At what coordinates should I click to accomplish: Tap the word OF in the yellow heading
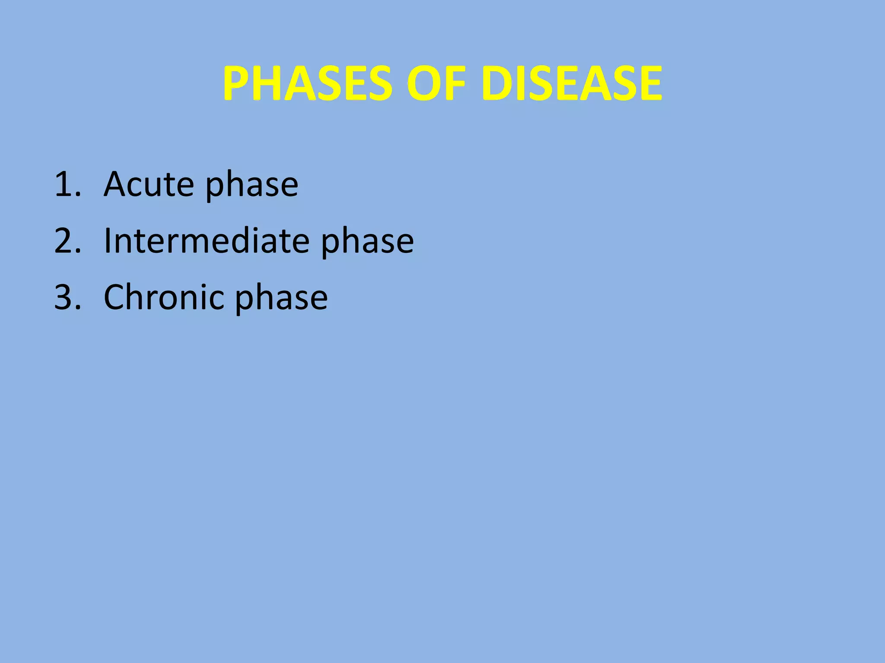[x=436, y=83]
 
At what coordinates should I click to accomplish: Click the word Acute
[x=149, y=184]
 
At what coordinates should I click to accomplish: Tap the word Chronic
[x=163, y=297]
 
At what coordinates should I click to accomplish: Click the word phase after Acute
[x=251, y=186]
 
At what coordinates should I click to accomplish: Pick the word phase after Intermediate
[x=367, y=243]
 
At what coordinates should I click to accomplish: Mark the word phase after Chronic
[x=281, y=300]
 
